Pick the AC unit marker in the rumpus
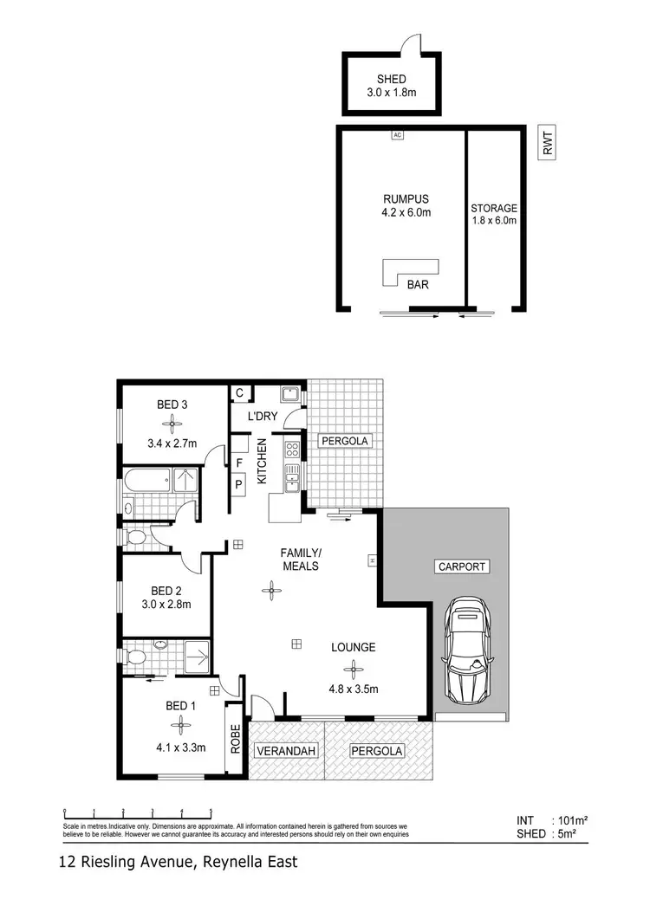click(x=398, y=135)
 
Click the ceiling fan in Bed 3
click(x=172, y=424)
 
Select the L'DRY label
click(x=262, y=417)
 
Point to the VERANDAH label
click(x=285, y=751)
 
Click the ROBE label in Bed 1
click(x=234, y=738)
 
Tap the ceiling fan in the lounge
click(x=352, y=668)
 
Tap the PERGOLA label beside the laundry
click(x=345, y=441)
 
